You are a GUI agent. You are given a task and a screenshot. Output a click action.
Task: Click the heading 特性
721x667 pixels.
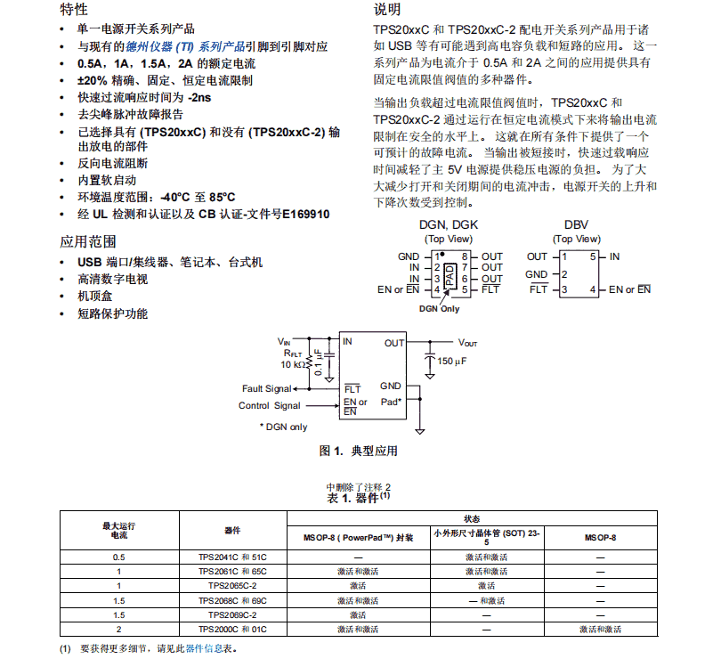(74, 10)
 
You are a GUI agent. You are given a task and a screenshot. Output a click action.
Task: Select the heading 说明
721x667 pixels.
(388, 10)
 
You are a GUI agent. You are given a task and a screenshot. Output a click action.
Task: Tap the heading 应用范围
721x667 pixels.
(87, 241)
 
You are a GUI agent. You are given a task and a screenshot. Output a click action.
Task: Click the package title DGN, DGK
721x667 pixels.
(448, 225)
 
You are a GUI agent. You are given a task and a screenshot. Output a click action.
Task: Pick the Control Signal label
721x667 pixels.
(270, 406)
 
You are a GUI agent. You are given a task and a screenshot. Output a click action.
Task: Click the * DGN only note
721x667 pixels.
(283, 427)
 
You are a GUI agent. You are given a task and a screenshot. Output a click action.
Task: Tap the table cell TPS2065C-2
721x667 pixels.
(232, 585)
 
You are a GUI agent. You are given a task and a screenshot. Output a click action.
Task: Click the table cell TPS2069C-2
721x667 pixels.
(232, 614)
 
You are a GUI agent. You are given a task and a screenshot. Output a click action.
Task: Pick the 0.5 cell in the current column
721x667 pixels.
(119, 557)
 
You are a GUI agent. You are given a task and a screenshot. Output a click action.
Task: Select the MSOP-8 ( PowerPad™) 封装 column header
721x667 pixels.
(358, 538)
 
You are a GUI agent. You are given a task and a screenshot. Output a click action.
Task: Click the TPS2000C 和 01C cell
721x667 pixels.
(232, 630)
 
